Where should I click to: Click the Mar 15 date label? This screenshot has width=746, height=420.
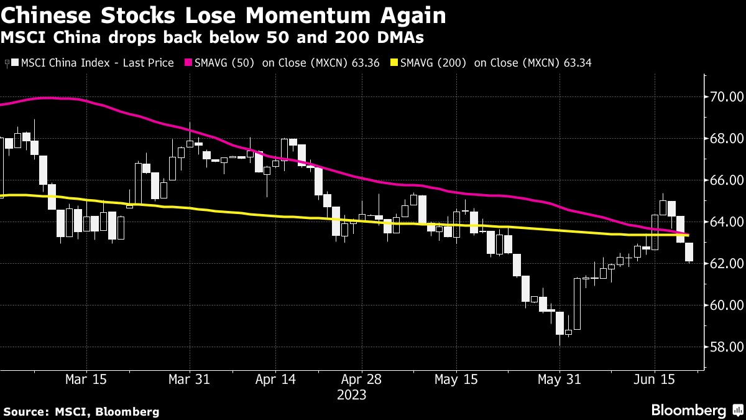[x=86, y=380]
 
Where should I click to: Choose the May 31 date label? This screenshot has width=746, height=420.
[x=559, y=380]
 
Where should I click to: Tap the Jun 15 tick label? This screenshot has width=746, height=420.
[x=654, y=380]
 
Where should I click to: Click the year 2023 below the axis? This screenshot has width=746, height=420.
[x=351, y=395]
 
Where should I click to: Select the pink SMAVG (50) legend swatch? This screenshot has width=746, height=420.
[x=188, y=63]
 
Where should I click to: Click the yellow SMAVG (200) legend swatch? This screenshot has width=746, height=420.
[x=394, y=63]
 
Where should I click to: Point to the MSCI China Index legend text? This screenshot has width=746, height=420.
[x=97, y=63]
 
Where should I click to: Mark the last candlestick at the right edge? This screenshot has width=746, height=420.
[x=689, y=252]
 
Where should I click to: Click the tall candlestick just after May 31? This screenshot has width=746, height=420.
[x=577, y=304]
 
